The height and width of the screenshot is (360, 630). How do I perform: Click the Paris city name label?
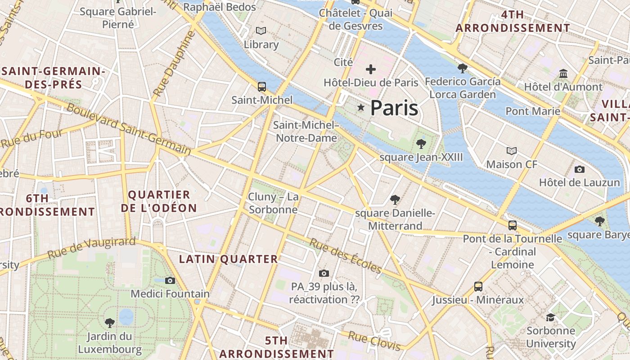tap(394, 108)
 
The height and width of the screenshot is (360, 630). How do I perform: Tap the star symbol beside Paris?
tap(360, 108)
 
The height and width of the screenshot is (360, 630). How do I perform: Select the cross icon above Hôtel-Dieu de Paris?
tap(371, 69)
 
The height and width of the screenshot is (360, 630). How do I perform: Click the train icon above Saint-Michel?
tap(261, 86)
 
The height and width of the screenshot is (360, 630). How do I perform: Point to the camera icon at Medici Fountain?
tap(170, 280)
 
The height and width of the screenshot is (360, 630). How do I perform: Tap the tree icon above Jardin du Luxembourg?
tap(109, 323)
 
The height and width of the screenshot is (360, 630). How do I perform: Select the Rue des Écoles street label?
tap(345, 256)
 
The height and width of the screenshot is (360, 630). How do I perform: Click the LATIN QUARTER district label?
tap(229, 259)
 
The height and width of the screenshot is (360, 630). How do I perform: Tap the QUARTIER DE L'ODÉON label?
tap(159, 201)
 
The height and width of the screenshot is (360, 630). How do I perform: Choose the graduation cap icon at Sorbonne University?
tap(550, 317)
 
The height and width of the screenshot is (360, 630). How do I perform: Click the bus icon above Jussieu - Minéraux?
tap(478, 286)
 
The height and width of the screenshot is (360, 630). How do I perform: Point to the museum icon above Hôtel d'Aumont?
tap(563, 73)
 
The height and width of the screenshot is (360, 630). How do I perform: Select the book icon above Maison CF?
tap(511, 151)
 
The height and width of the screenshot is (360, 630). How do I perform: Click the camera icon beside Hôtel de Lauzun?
tap(580, 169)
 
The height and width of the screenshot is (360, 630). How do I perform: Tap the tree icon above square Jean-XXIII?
tap(421, 144)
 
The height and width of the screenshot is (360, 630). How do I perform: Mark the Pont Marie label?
tap(533, 111)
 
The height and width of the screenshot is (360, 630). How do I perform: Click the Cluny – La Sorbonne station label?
tap(273, 203)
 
